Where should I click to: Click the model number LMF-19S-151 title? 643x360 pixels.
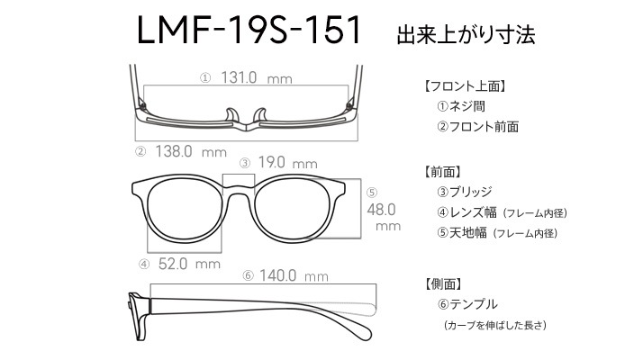coord(249,30)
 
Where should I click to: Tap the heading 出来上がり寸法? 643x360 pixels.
coord(466,34)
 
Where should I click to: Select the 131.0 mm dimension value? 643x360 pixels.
coord(257,77)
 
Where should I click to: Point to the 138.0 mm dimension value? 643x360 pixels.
coord(191,152)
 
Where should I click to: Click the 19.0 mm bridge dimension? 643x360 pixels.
coord(288,163)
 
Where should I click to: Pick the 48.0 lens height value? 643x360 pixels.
coord(381,210)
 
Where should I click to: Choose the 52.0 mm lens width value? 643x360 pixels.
coord(189,264)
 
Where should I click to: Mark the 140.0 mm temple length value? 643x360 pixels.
coord(294,275)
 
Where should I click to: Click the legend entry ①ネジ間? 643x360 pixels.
coord(461,106)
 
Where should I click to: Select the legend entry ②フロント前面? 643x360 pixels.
coord(477,127)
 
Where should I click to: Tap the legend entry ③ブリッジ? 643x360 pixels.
coord(464,192)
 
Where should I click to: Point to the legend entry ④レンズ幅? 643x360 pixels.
coord(466,212)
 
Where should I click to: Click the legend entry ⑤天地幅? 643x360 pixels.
coord(462,233)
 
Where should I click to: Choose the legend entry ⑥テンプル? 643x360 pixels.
coord(467,304)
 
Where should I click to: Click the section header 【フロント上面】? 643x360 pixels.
coord(464,86)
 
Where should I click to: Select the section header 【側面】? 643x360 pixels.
coord(443,283)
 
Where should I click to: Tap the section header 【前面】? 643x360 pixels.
coord(442,172)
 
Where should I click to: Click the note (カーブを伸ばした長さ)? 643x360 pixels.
coord(495,325)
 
